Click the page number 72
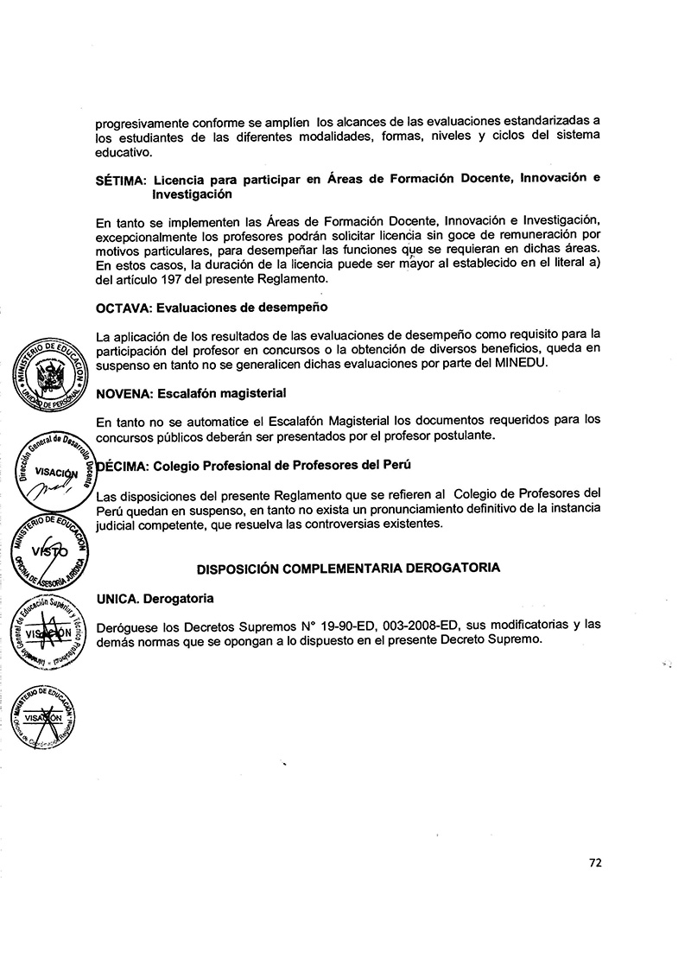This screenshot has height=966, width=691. coord(595,861)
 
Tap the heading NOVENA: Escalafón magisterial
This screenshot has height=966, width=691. coord(191,393)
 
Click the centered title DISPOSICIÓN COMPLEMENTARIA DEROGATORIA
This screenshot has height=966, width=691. coord(348,569)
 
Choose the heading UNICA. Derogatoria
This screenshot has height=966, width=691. coord(155,598)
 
